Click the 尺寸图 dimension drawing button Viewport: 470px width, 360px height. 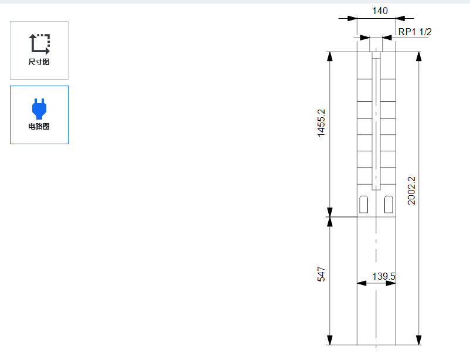pyautogui.click(x=39, y=50)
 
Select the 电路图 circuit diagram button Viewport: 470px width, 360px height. pyautogui.click(x=39, y=115)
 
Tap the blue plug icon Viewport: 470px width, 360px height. pyautogui.click(x=39, y=108)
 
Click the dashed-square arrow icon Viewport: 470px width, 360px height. pyautogui.click(x=39, y=44)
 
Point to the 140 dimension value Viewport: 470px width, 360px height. pyautogui.click(x=380, y=11)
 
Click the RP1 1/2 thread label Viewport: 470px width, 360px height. pyautogui.click(x=415, y=32)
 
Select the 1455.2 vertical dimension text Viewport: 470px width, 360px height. pyautogui.click(x=321, y=123)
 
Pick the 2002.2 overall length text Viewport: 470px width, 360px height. pyautogui.click(x=411, y=191)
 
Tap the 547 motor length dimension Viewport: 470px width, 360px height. pyautogui.click(x=321, y=274)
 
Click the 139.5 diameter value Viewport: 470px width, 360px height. pyautogui.click(x=384, y=276)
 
